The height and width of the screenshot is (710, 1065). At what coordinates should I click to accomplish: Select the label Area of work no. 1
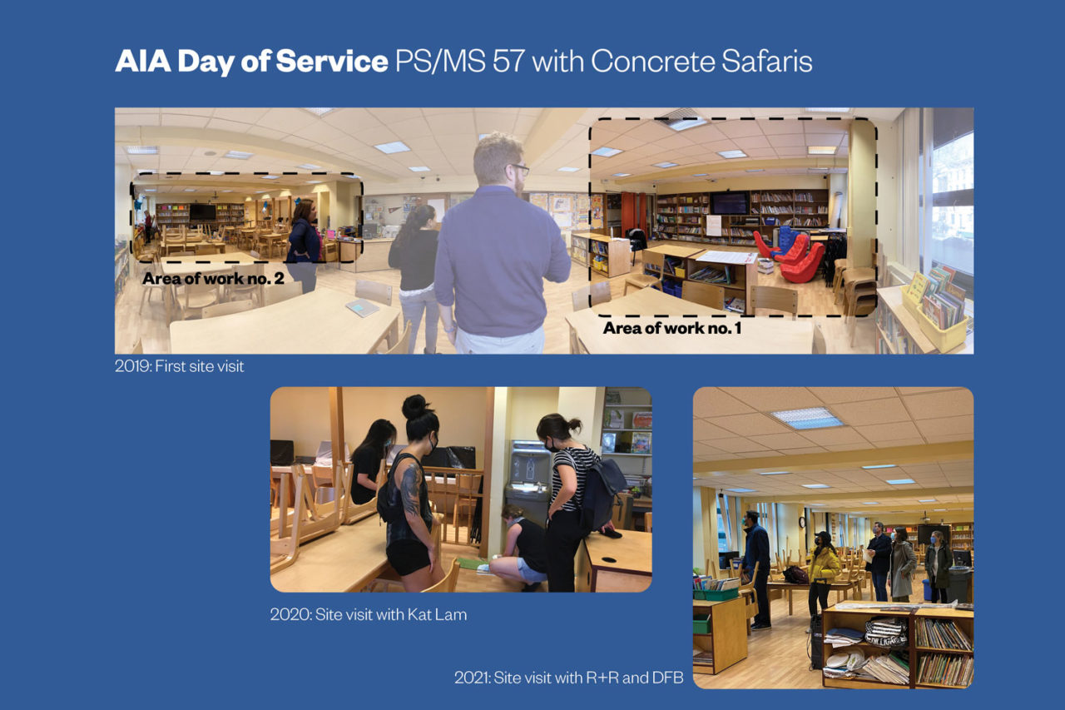click(671, 328)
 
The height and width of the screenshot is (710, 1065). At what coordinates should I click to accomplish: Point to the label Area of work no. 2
click(213, 278)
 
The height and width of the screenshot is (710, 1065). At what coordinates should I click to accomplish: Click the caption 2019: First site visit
click(179, 365)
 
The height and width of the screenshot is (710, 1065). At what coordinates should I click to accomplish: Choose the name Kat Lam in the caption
click(438, 615)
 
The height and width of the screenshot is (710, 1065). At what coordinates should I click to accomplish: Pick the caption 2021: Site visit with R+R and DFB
click(568, 678)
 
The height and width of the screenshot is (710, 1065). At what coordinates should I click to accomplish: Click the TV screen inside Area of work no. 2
click(202, 212)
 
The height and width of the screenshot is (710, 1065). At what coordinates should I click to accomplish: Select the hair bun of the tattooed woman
click(414, 407)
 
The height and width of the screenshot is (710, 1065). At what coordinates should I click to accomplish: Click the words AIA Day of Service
click(250, 62)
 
